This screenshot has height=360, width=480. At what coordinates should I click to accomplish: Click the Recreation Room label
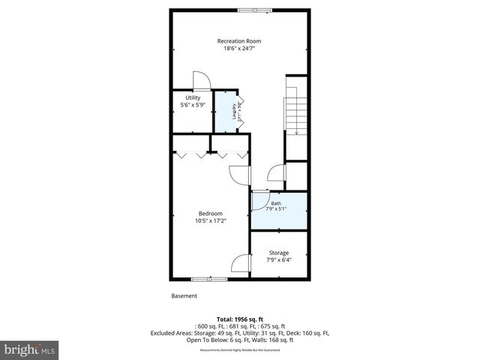[239, 40]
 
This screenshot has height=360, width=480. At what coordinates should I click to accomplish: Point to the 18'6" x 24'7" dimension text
[239, 49]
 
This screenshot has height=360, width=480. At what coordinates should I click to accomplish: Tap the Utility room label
[193, 97]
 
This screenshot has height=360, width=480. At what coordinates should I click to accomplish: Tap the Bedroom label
[210, 213]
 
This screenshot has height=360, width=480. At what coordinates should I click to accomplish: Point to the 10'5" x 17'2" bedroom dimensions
[210, 221]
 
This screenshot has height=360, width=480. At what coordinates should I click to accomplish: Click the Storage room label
[278, 253]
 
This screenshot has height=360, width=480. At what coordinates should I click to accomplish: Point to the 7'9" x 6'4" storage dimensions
[278, 261]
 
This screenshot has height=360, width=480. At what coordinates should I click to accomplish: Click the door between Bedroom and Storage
[240, 265]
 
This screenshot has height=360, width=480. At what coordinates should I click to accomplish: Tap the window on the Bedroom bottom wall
[209, 279]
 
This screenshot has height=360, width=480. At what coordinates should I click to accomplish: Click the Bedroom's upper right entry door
[238, 174]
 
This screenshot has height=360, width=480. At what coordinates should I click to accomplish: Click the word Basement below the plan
[184, 295]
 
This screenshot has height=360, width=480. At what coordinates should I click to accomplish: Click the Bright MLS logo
[30, 349]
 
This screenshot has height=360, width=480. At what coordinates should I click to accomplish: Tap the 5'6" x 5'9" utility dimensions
[193, 106]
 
